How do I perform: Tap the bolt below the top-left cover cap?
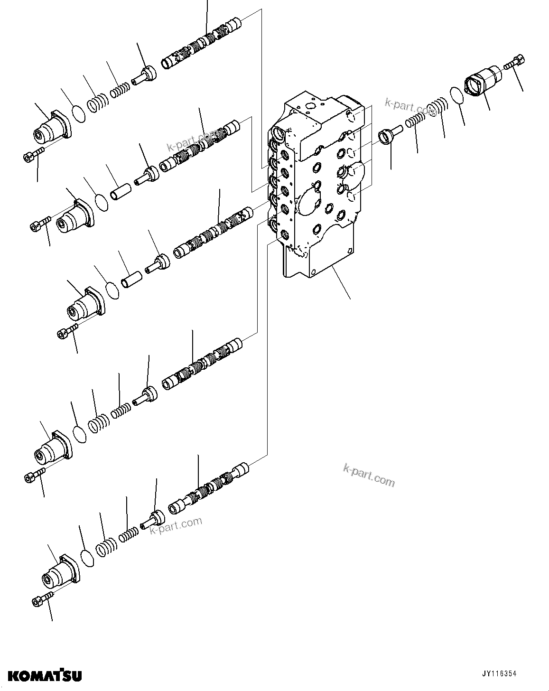tap(33, 154)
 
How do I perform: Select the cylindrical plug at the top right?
tap(483, 82)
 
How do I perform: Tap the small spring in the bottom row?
tap(128, 535)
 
